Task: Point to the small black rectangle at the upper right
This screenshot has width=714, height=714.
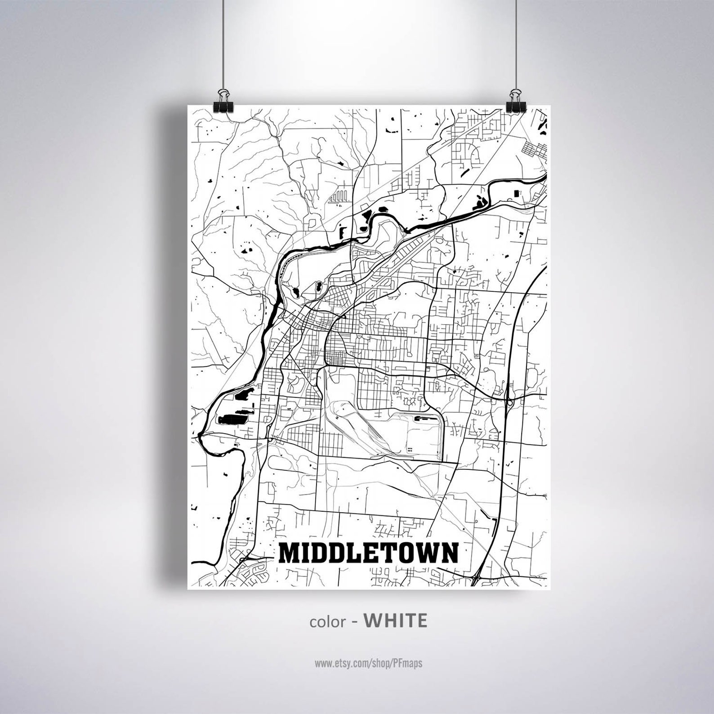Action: pyautogui.click(x=515, y=194)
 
